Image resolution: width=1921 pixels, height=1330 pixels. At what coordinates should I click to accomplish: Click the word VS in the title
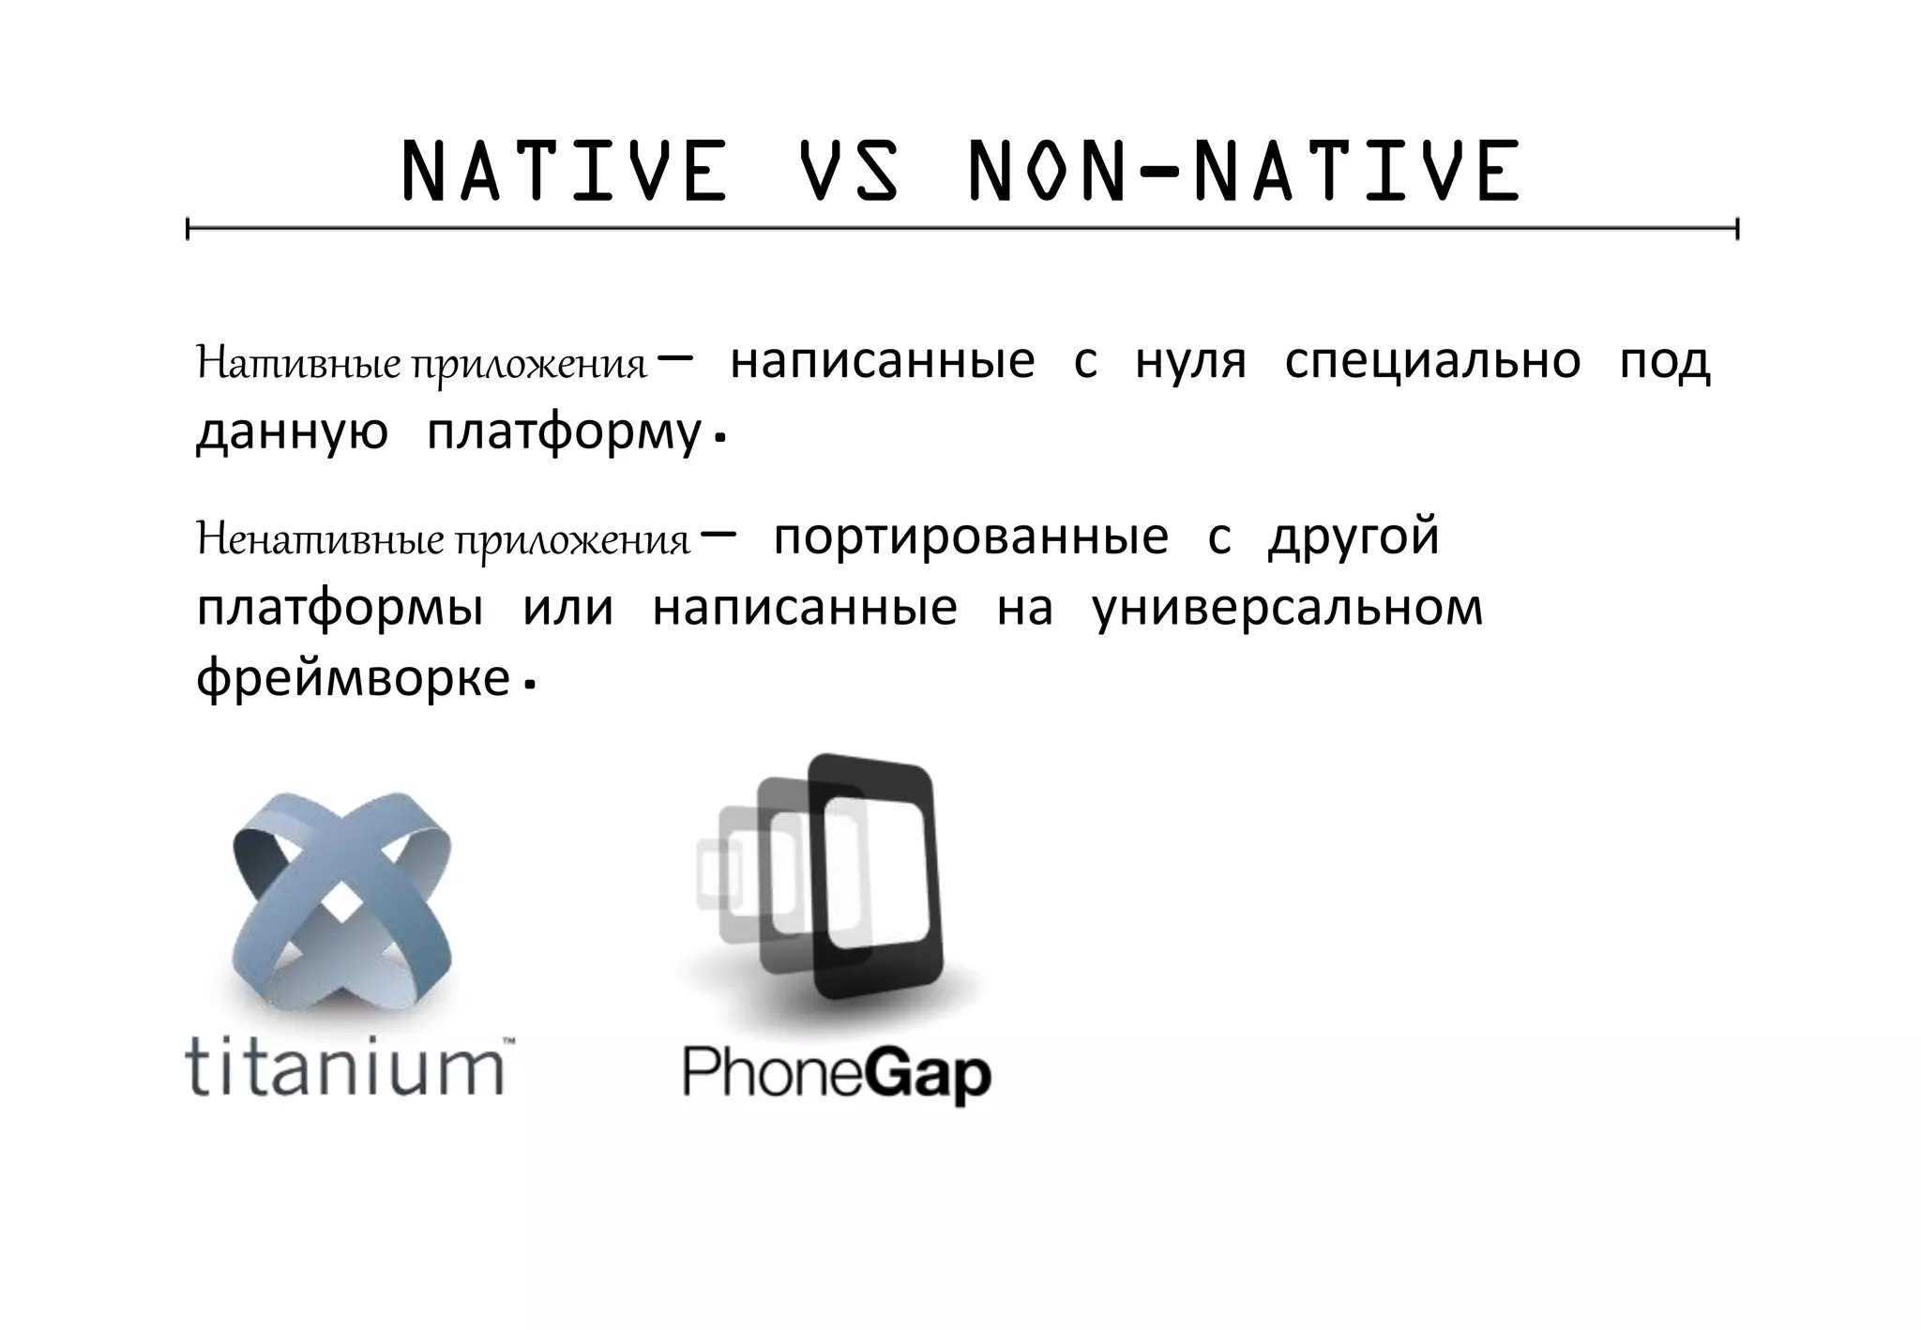849,172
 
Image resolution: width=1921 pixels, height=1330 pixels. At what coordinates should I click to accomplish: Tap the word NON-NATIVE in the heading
1244,172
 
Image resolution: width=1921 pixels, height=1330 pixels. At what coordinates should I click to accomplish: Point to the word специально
1431,362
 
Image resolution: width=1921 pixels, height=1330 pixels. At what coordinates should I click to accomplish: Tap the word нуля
1190,362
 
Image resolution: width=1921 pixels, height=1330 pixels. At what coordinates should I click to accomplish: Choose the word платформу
564,433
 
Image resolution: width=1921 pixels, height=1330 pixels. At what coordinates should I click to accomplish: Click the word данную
292,433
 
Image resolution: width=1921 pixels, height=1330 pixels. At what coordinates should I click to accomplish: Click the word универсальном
1288,609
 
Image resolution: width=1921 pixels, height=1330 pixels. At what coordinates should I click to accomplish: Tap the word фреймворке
353,678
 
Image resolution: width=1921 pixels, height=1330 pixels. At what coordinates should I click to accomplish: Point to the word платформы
340,609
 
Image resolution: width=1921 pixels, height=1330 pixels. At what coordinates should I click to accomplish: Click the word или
567,609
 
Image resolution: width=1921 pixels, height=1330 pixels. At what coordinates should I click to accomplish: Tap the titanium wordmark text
345,1066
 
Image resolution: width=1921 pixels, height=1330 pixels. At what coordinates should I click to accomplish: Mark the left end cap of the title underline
189,228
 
